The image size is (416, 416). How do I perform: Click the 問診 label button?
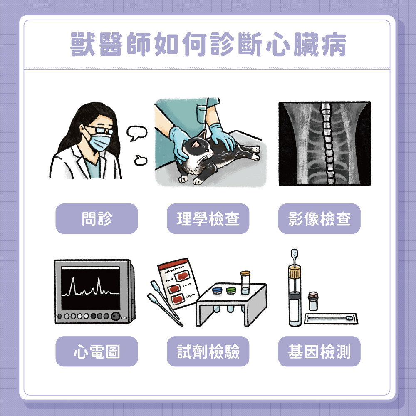coord(97,219)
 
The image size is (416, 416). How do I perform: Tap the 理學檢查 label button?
coord(208,219)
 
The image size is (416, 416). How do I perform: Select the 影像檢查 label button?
coord(319,219)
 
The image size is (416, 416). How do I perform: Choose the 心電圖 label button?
coord(97,351)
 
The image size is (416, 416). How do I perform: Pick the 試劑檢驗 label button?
coord(208,351)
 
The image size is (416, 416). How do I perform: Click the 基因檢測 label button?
coord(319,351)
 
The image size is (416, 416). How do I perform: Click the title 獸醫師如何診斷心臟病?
coord(208,44)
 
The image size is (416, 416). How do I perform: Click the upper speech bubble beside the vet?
coord(136,133)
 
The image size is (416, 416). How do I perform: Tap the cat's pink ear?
coord(196,144)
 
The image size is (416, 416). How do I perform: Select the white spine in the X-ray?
coord(327,144)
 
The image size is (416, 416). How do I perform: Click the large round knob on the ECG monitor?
coord(116,316)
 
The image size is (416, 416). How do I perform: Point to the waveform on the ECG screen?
coord(90,288)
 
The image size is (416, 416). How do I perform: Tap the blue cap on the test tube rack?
coord(217,290)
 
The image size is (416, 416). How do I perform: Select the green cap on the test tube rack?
coord(231,290)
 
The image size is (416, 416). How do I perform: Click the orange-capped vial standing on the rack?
coord(245,282)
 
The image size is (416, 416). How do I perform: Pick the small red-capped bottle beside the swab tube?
coord(313,301)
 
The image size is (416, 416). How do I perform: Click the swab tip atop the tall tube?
coord(294,253)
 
